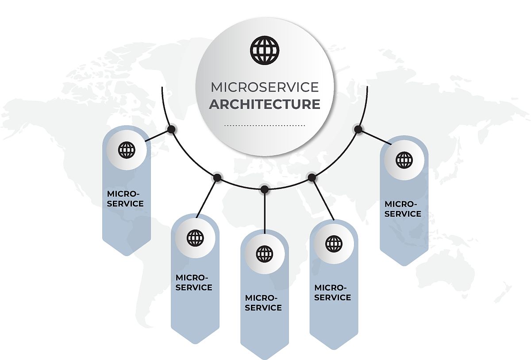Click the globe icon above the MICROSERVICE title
pyautogui.click(x=265, y=50)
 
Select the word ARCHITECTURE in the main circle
pyautogui.click(x=265, y=104)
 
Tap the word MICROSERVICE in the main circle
pyautogui.click(x=265, y=87)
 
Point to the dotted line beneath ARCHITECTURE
pyautogui.click(x=265, y=126)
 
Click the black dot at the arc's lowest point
pyautogui.click(x=264, y=189)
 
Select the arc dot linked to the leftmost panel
pyautogui.click(x=171, y=129)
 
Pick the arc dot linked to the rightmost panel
pyautogui.click(x=358, y=130)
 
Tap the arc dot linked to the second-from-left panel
pyautogui.click(x=217, y=177)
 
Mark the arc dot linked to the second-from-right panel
pyautogui.click(x=312, y=177)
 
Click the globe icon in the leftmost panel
pyautogui.click(x=127, y=150)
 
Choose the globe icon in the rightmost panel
pyautogui.click(x=404, y=160)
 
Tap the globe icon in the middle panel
pyautogui.click(x=265, y=254)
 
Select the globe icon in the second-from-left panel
pyautogui.click(x=195, y=238)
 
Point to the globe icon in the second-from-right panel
pyautogui.click(x=334, y=244)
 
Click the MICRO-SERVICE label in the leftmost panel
pyautogui.click(x=125, y=199)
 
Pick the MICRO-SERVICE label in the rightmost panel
pyautogui.click(x=403, y=209)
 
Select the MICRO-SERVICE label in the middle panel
pyautogui.click(x=263, y=303)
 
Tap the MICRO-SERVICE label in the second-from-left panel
pyautogui.click(x=194, y=283)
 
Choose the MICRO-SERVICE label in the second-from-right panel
pyautogui.click(x=333, y=292)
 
